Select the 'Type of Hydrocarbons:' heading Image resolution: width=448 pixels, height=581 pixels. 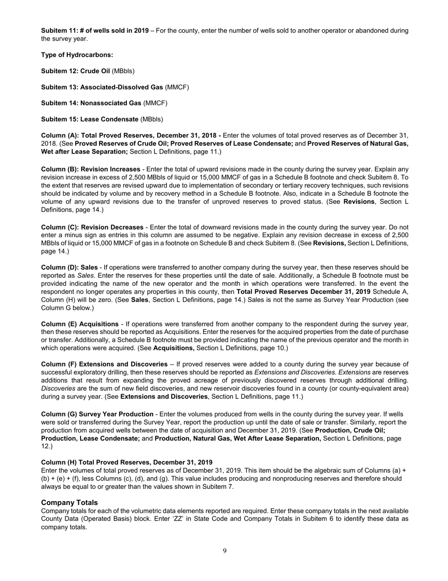77,55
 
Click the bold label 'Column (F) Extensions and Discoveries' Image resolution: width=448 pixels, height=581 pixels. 104,364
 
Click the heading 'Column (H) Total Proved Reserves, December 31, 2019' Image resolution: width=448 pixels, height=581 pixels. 126,462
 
